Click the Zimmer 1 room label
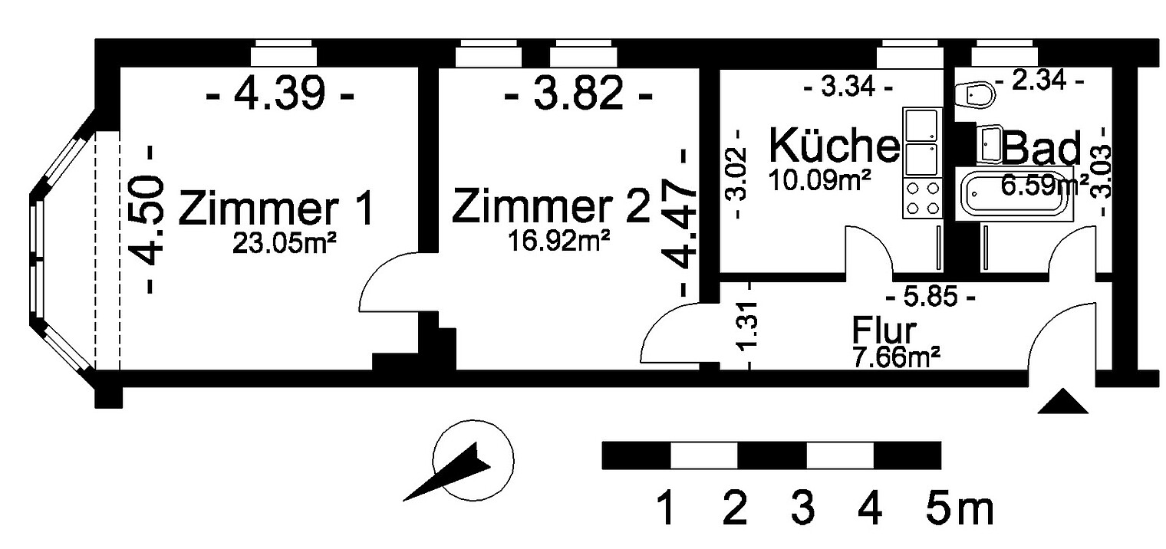pos(276,208)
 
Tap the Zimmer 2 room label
pos(551,206)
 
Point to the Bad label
pos(1041,148)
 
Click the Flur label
pos(884,330)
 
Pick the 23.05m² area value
pos(284,243)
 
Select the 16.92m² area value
pos(558,241)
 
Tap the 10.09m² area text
pos(819,180)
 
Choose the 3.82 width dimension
pos(578,93)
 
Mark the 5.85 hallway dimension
pos(930,298)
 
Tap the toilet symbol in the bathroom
pos(976,95)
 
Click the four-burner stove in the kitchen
pos(923,199)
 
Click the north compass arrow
pos(447,472)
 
